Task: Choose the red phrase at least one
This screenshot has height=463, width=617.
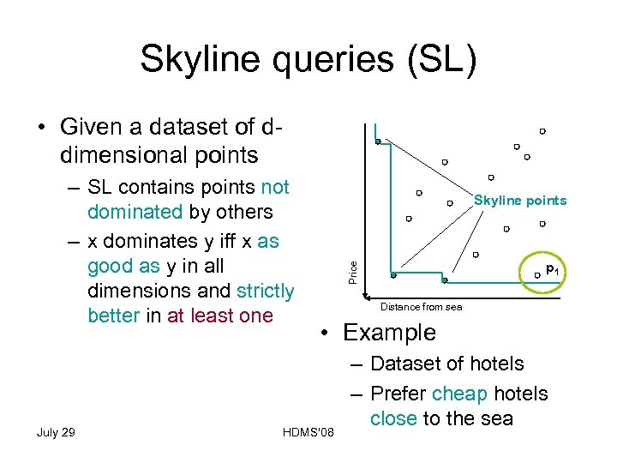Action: (220, 316)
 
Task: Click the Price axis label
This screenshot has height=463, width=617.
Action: (353, 273)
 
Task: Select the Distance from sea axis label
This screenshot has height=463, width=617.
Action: (421, 307)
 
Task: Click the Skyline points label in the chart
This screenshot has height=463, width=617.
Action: (520, 201)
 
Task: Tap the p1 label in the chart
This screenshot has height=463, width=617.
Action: (553, 269)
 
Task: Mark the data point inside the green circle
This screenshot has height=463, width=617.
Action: (537, 274)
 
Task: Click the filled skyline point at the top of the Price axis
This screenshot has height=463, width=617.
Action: (378, 141)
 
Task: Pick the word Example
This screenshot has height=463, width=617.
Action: (389, 333)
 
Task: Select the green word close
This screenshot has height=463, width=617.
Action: (393, 418)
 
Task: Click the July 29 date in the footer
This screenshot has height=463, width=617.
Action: (56, 431)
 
